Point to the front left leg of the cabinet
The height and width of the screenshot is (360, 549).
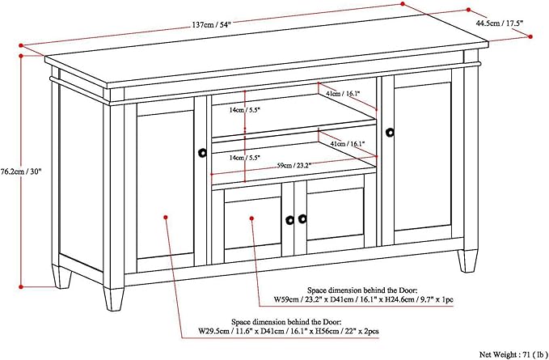point(113,299)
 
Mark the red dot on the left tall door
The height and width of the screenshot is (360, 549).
point(166,217)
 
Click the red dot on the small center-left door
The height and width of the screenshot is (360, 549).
point(252,217)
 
